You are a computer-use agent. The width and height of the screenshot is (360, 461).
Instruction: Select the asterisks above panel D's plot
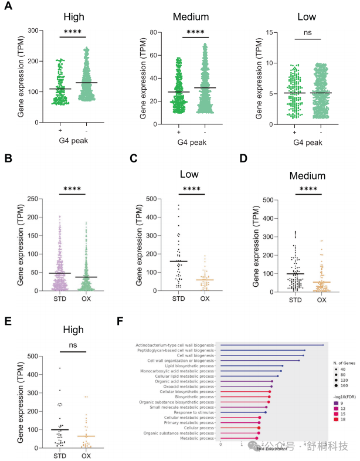[307, 189]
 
